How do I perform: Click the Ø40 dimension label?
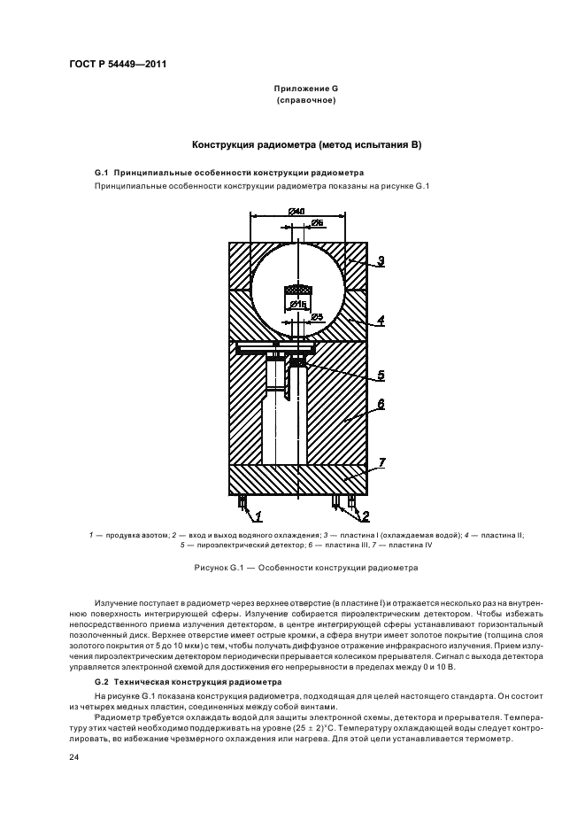pyautogui.click(x=296, y=211)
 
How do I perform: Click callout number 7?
pyautogui.click(x=380, y=461)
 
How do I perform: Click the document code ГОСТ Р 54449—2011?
pyautogui.click(x=119, y=65)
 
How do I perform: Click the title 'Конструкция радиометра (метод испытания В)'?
pyautogui.click(x=305, y=143)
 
